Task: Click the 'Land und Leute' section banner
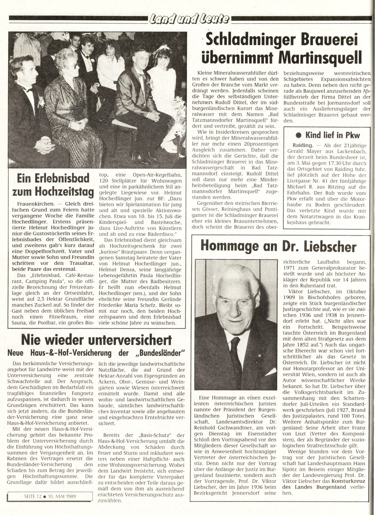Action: coord(189,19)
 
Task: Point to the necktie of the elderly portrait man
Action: coord(235,355)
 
